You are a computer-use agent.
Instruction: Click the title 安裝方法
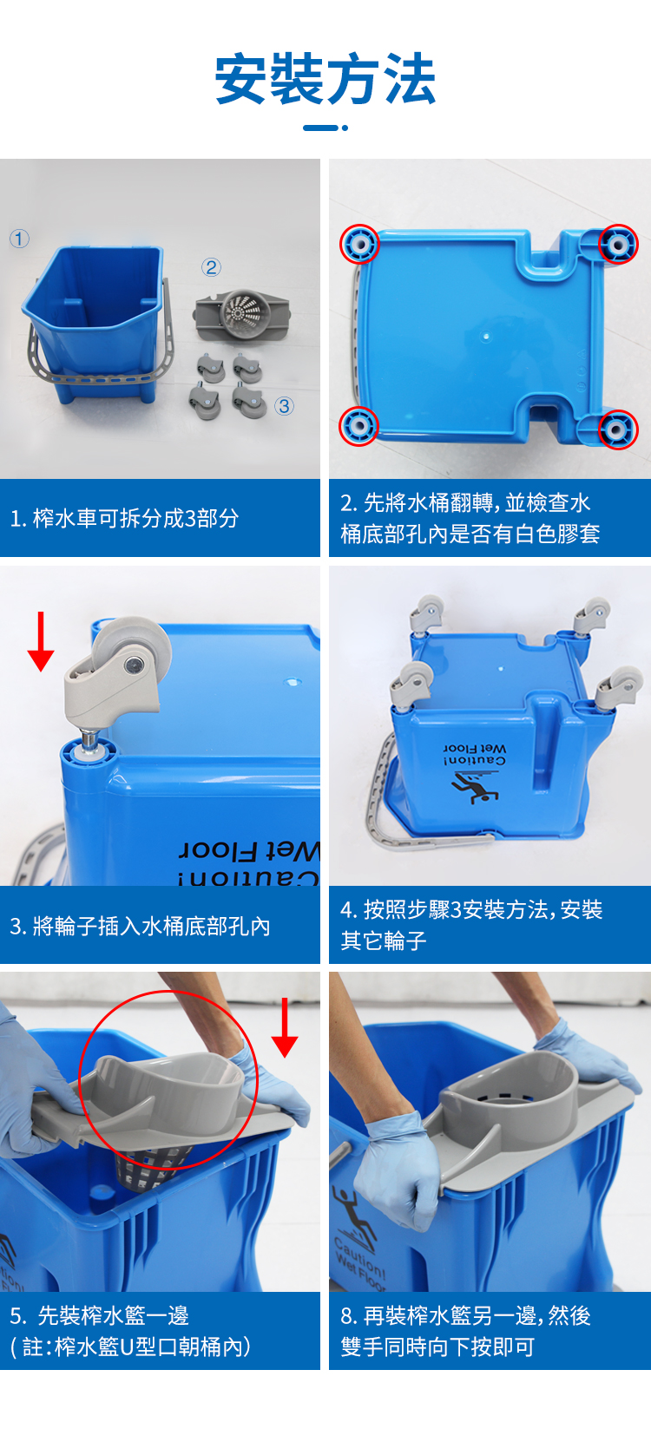coord(325,79)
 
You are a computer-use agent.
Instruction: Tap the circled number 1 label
coord(19,239)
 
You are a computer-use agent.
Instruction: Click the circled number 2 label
coord(211,267)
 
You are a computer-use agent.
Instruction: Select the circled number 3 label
coord(284,406)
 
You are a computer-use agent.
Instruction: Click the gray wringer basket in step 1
coord(241,314)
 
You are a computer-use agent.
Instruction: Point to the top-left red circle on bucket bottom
coord(359,244)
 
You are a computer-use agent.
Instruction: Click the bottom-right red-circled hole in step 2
coord(618,429)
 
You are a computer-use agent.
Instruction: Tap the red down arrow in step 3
coord(41,641)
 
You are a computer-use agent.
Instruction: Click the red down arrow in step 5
coord(285,1027)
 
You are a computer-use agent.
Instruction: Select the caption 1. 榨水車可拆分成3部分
coord(125,518)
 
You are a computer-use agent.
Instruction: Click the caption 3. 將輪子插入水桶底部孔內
coord(141,926)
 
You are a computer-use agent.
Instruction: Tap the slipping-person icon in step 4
coord(473,787)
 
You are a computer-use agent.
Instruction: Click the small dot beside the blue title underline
coord(345,128)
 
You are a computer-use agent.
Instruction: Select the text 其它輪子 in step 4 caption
coord(384,941)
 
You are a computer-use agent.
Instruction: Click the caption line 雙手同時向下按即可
coord(437,1347)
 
